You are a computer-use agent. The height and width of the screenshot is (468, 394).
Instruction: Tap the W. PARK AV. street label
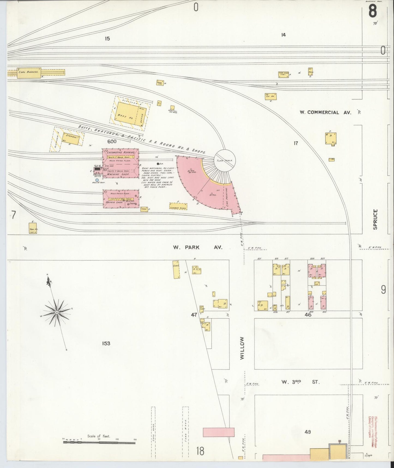pos(198,247)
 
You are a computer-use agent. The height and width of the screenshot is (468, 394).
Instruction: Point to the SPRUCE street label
pos(375,219)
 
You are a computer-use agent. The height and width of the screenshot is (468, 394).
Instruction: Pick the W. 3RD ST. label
pos(300,382)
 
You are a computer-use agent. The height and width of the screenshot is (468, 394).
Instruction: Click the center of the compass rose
pos(56,312)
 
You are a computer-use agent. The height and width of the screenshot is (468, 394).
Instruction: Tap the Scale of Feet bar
pos(100,442)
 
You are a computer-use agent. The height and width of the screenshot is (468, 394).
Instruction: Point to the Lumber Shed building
pos(178,207)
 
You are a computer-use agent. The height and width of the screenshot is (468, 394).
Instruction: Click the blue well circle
pos(97,180)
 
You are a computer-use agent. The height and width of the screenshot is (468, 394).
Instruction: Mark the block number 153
pos(106,343)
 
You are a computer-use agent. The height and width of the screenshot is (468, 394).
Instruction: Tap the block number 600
pos(112,141)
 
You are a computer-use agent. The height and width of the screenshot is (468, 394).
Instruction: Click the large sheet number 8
pos(372,11)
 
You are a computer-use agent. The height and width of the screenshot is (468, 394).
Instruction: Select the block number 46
pos(308,315)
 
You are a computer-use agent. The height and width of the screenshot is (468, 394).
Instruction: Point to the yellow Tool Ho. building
pos(33,228)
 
